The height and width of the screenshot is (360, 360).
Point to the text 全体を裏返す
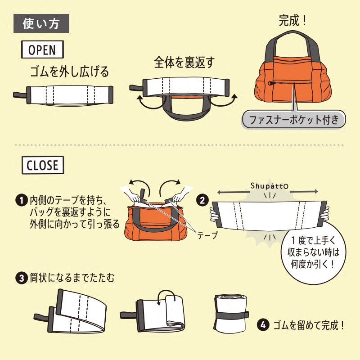click(184, 62)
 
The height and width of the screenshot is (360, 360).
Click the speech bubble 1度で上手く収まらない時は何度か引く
click(314, 252)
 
